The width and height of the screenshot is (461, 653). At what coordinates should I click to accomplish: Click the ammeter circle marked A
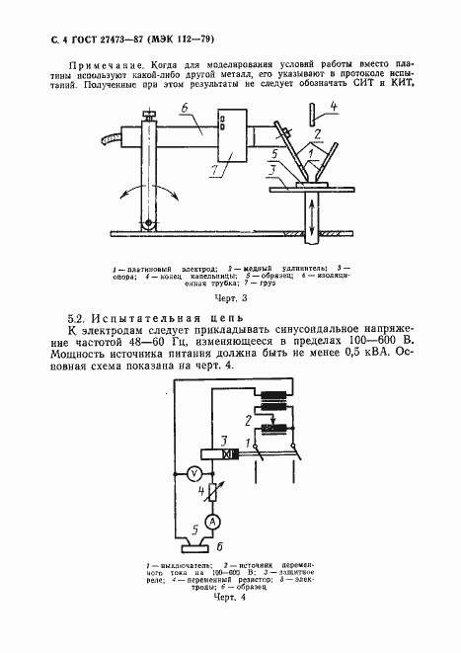[211, 521]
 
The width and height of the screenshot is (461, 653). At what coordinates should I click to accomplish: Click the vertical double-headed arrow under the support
[313, 213]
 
